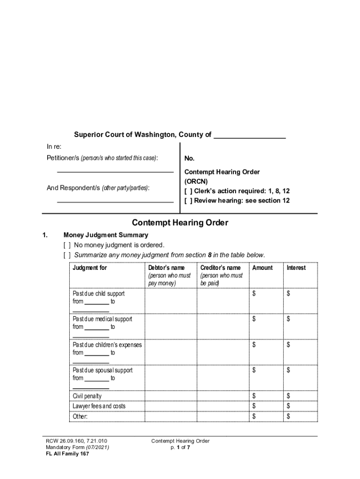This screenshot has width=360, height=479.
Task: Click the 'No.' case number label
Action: [189, 159]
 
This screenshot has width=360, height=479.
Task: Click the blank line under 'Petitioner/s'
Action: [115, 172]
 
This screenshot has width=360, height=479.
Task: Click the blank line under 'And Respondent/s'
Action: [115, 202]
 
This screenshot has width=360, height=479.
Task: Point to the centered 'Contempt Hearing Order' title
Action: [180, 223]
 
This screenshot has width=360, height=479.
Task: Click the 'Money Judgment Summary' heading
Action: [106, 235]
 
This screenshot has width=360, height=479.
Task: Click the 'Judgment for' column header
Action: [90, 268]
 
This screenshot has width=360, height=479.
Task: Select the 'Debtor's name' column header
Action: [166, 268]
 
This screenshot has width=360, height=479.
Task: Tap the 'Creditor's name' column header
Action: [220, 268]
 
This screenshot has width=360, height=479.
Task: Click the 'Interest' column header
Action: [296, 268]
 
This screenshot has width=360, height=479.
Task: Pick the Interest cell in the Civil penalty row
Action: [300, 396]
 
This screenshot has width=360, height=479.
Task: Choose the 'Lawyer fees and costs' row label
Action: [99, 406]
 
